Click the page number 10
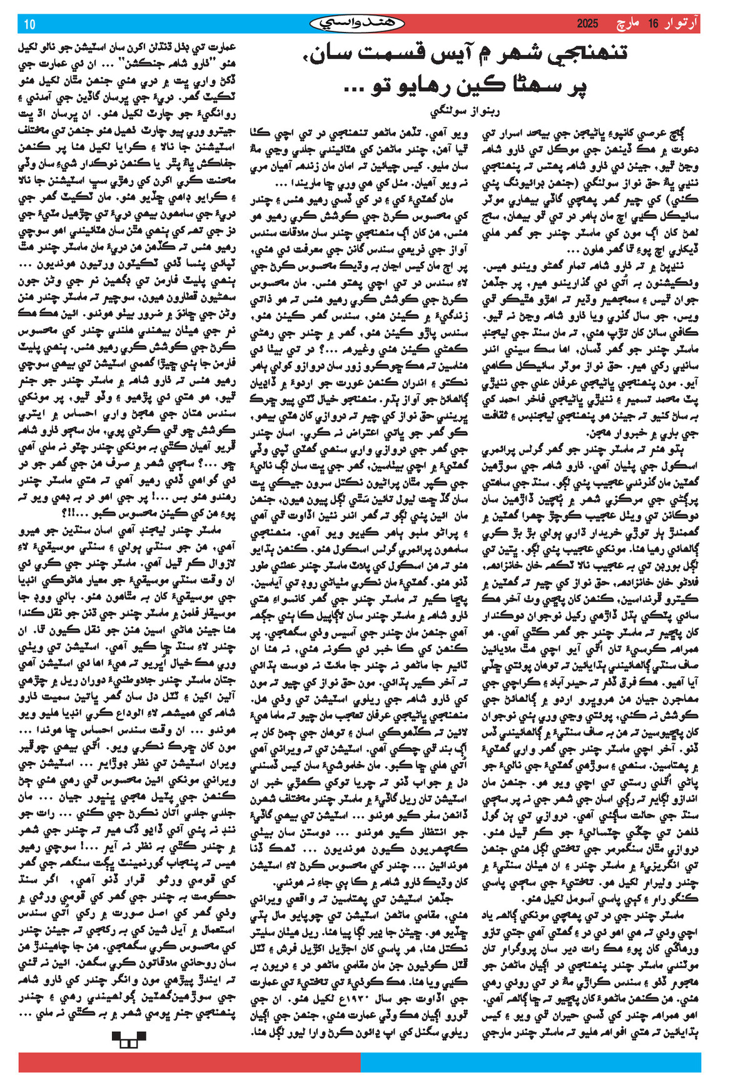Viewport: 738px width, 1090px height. [x=29, y=24]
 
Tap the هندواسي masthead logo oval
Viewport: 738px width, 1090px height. [x=357, y=24]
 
